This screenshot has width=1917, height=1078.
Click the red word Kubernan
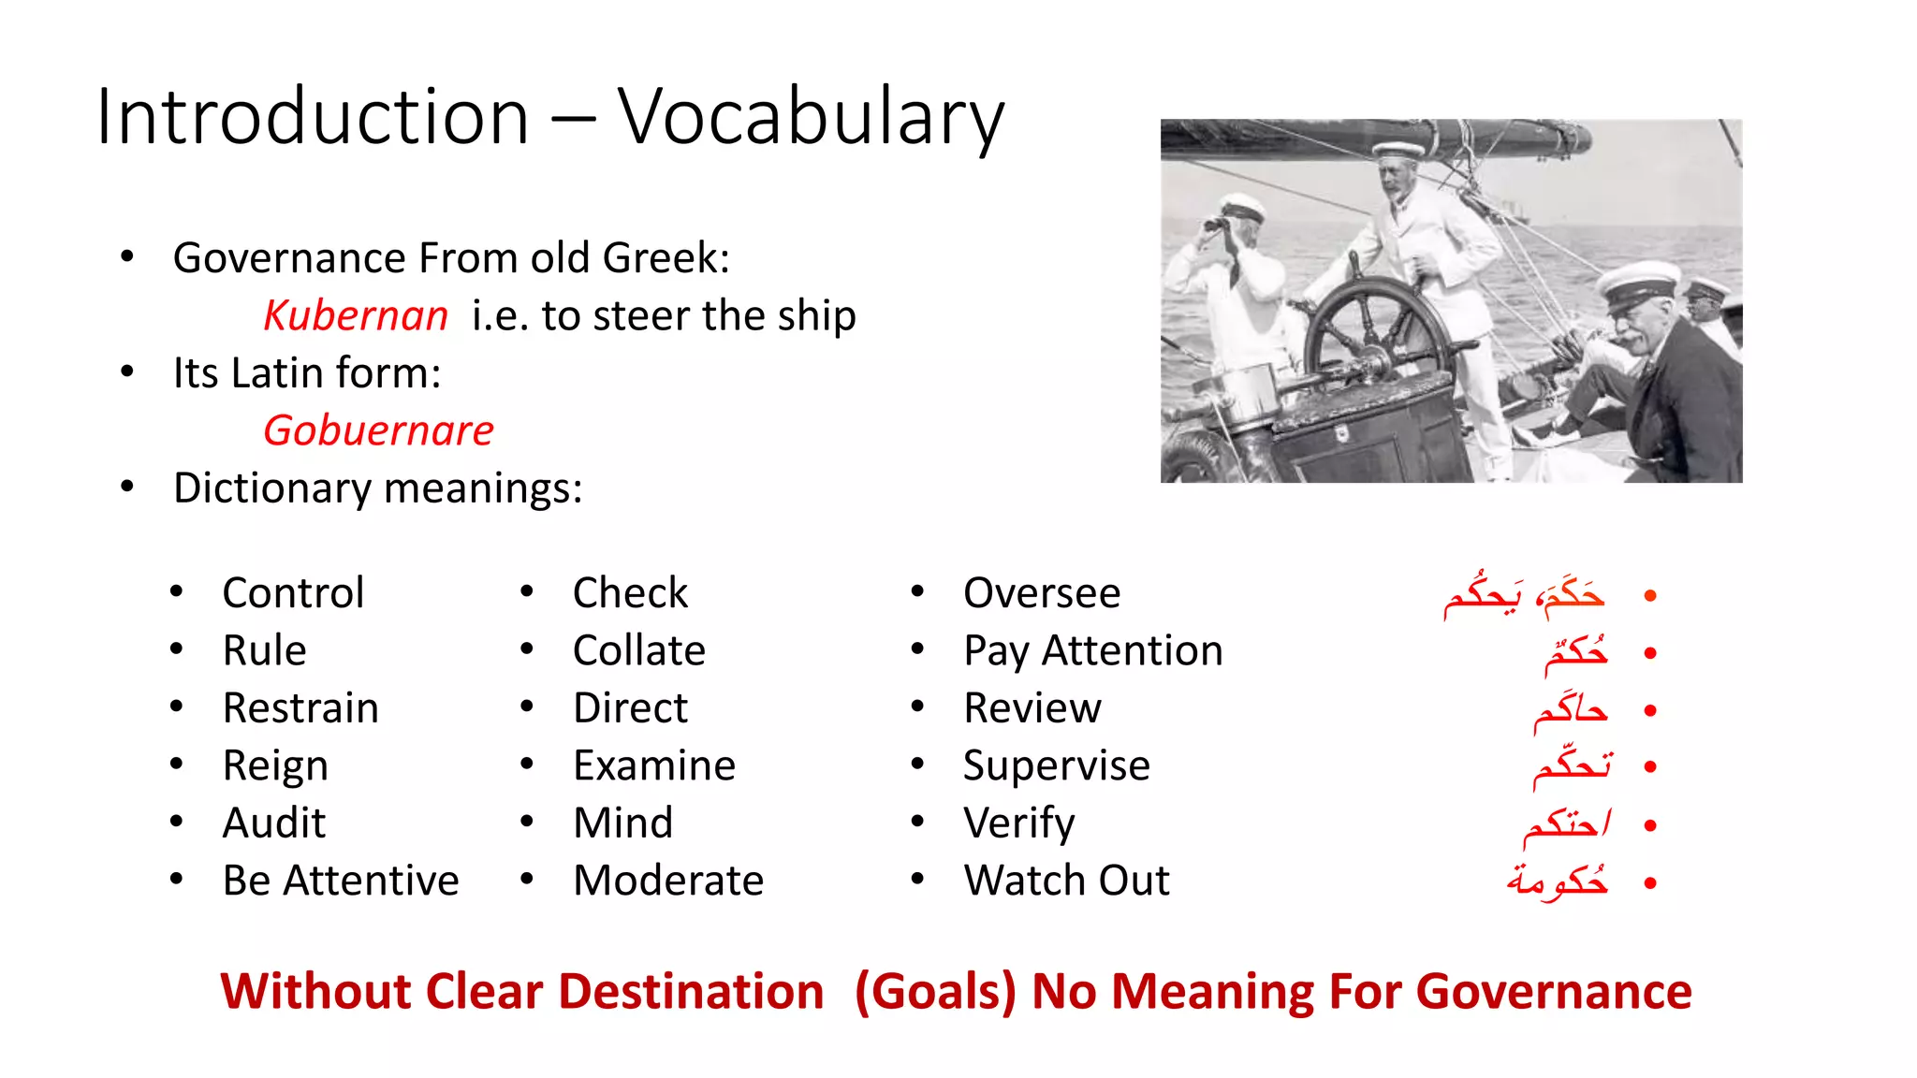pos(356,315)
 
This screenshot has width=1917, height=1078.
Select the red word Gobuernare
pos(378,430)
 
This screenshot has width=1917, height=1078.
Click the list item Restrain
pos(300,707)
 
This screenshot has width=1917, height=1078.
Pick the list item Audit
pos(274,823)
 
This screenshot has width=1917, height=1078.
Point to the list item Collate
pos(639,650)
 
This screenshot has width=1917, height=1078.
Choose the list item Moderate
pos(668,881)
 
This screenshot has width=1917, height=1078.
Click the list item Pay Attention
pos(1093,650)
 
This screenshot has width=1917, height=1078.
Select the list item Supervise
pos(1057,765)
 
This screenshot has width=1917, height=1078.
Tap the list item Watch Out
pos(1067,881)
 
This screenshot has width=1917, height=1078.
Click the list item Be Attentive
pos(341,881)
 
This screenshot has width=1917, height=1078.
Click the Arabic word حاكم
pos(1571,710)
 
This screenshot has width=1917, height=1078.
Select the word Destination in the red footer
pos(691,992)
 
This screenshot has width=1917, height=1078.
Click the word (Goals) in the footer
pos(935,992)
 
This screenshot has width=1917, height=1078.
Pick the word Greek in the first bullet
pos(665,258)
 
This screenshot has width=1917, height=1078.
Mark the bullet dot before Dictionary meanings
pos(127,487)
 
